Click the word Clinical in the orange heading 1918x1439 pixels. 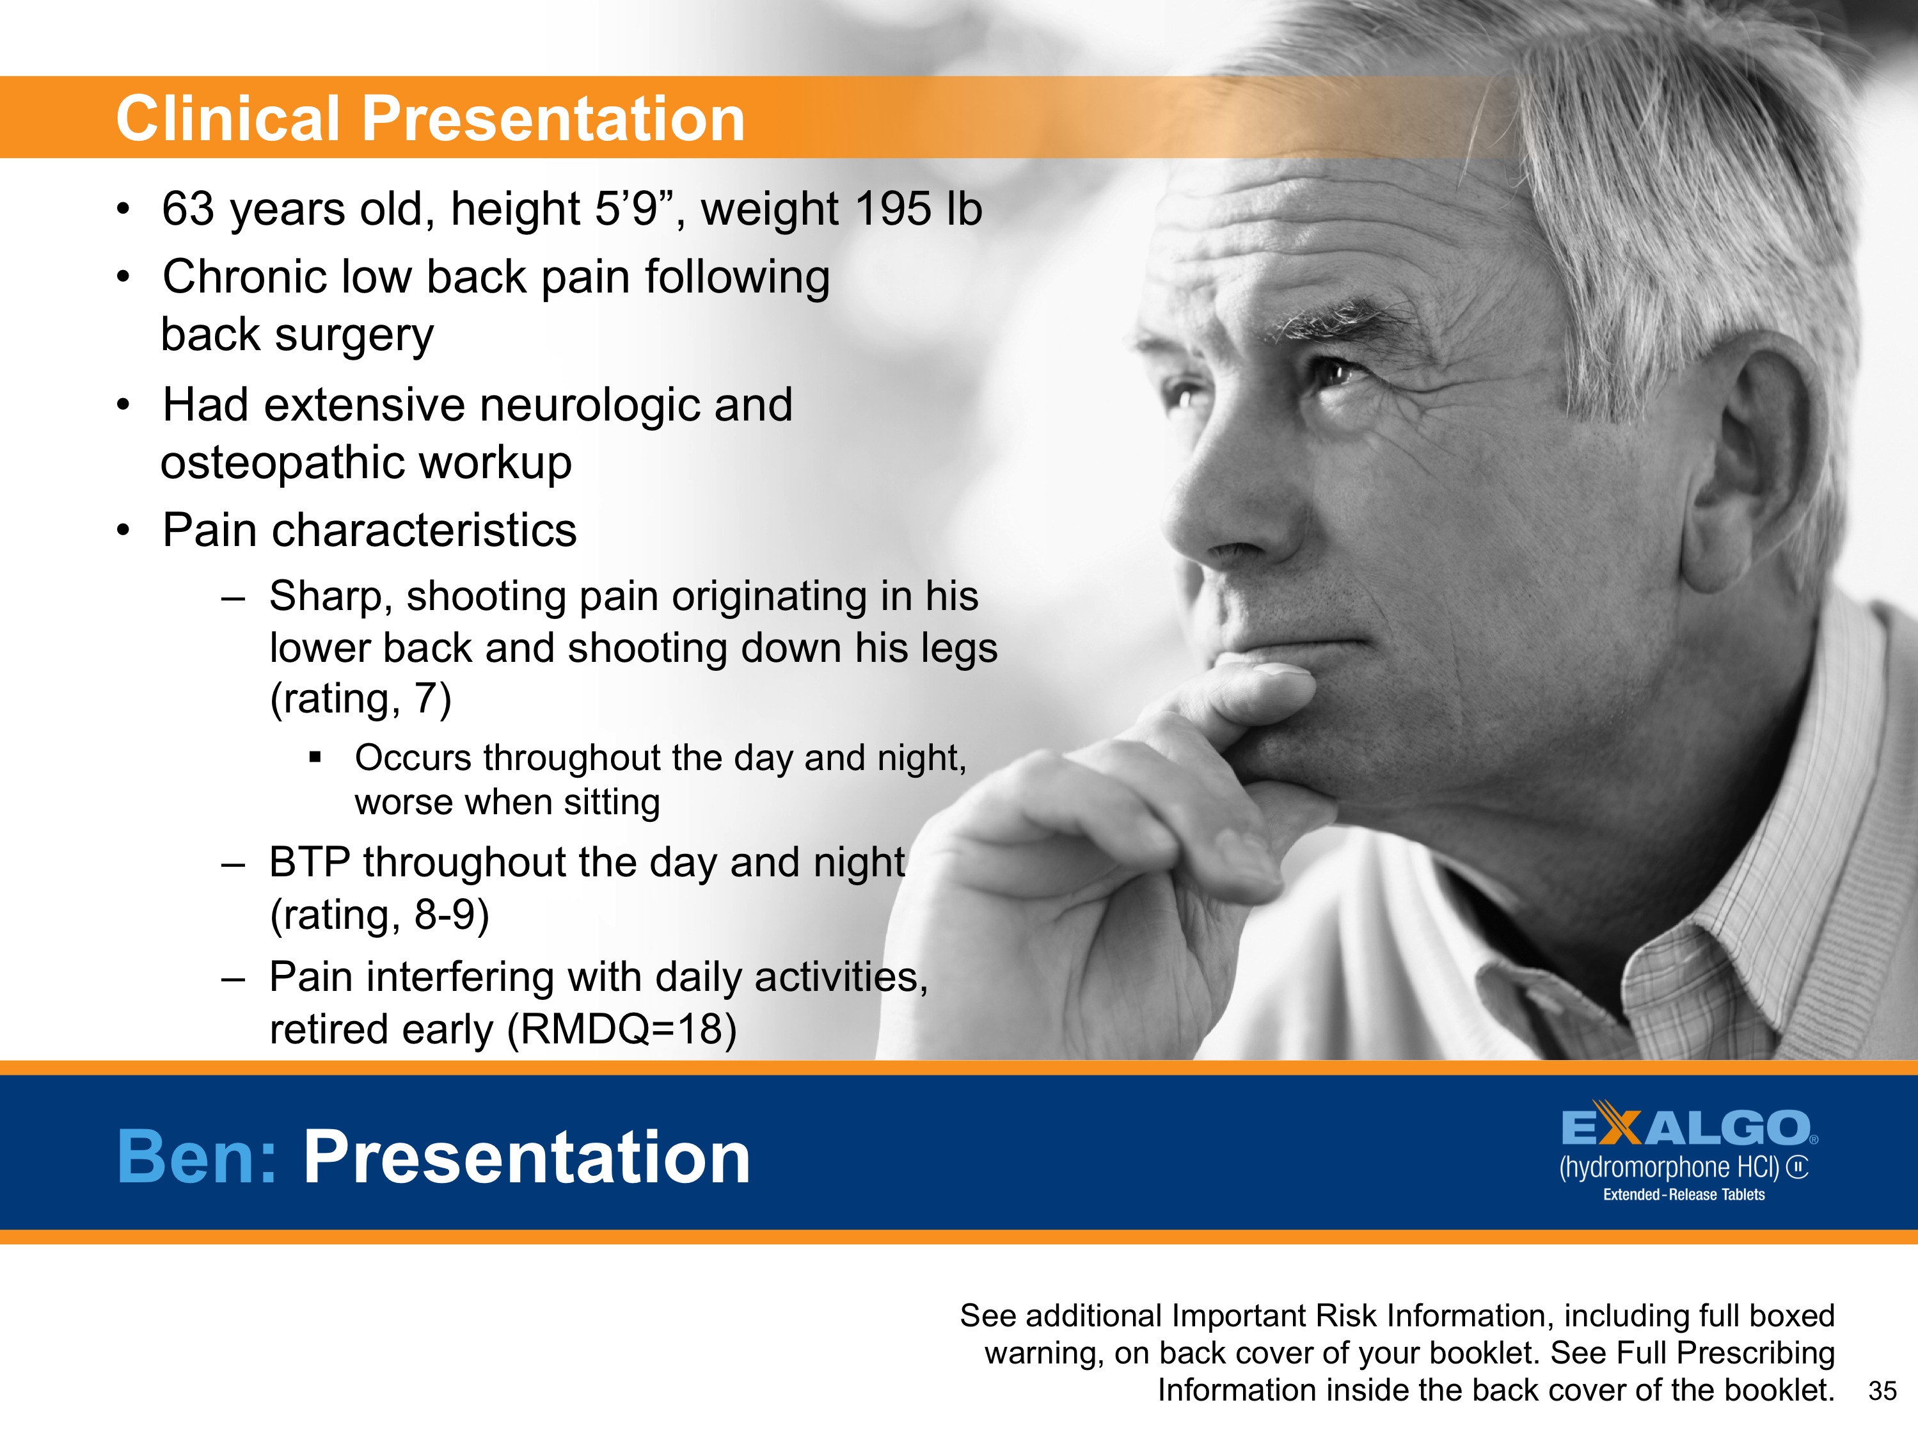tap(227, 119)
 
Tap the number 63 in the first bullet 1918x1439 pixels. tap(187, 209)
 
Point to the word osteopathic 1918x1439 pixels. tap(297, 462)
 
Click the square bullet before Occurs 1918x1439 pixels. tap(315, 758)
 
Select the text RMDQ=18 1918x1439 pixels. tap(621, 1029)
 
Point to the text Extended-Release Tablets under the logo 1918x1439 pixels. tap(1683, 1194)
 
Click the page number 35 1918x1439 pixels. tap(1882, 1391)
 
